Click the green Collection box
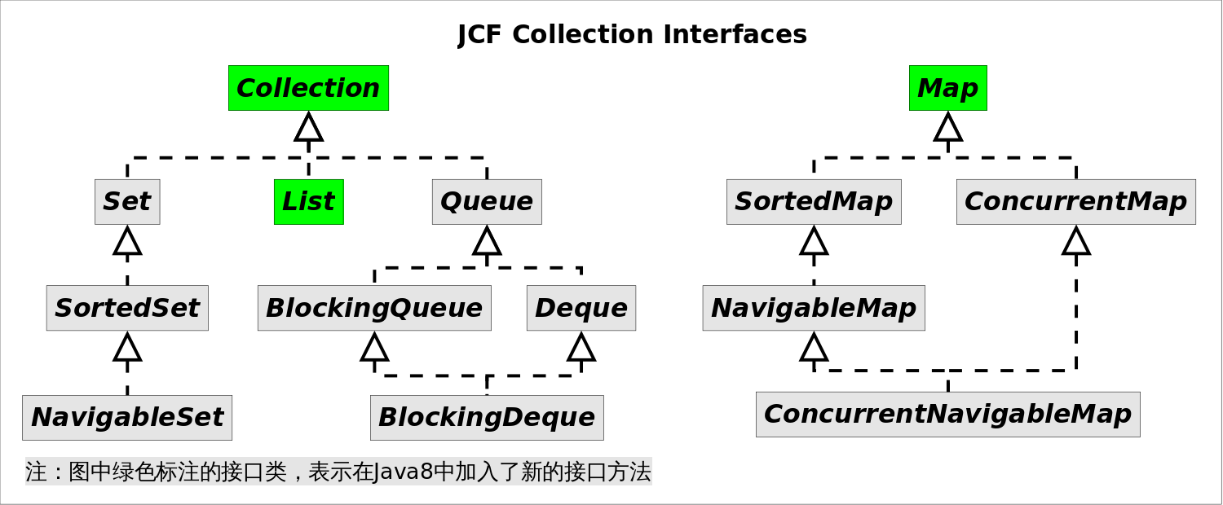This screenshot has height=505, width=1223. coord(308,88)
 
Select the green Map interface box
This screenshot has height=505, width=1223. coord(947,88)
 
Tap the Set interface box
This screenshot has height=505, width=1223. coord(127,202)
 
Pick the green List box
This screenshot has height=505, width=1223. coord(308,202)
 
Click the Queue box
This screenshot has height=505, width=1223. coord(487,202)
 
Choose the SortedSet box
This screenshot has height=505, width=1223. coord(127,308)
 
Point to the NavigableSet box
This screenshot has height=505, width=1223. coord(127,418)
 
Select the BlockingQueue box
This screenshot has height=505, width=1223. coord(374,308)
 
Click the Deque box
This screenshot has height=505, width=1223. coord(581,308)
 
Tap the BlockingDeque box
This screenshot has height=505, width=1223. coord(487,418)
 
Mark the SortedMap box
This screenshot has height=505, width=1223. coord(814,202)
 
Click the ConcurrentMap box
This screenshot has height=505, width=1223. coord(1075,202)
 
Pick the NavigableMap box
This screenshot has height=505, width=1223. coord(814,308)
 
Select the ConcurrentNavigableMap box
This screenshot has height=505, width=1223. coord(947,415)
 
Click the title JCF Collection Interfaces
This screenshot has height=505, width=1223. coord(632,35)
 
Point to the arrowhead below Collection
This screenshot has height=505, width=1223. coord(308,127)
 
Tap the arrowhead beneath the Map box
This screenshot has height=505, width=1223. coord(947,127)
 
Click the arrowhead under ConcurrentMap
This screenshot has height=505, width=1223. coord(1075,241)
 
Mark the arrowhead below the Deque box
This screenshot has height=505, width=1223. coord(581,347)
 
